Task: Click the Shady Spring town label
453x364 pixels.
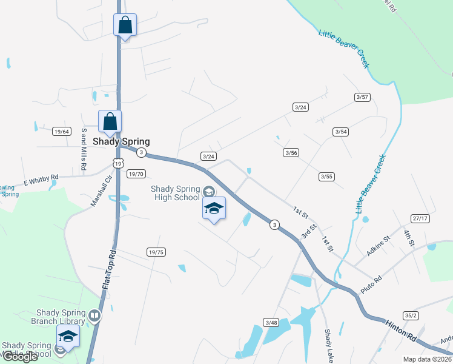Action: pos(121,141)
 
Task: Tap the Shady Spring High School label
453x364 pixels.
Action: pos(176,193)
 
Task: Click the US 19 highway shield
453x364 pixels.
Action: pos(117,163)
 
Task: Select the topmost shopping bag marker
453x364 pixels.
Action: pos(125,25)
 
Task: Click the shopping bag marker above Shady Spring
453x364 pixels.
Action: pos(110,122)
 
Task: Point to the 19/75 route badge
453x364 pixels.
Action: pos(156,252)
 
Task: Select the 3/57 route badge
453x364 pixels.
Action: pos(362,97)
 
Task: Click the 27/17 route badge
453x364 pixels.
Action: pos(420,218)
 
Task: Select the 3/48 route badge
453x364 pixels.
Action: pos(271,322)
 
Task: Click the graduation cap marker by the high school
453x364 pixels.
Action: pos(214,209)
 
